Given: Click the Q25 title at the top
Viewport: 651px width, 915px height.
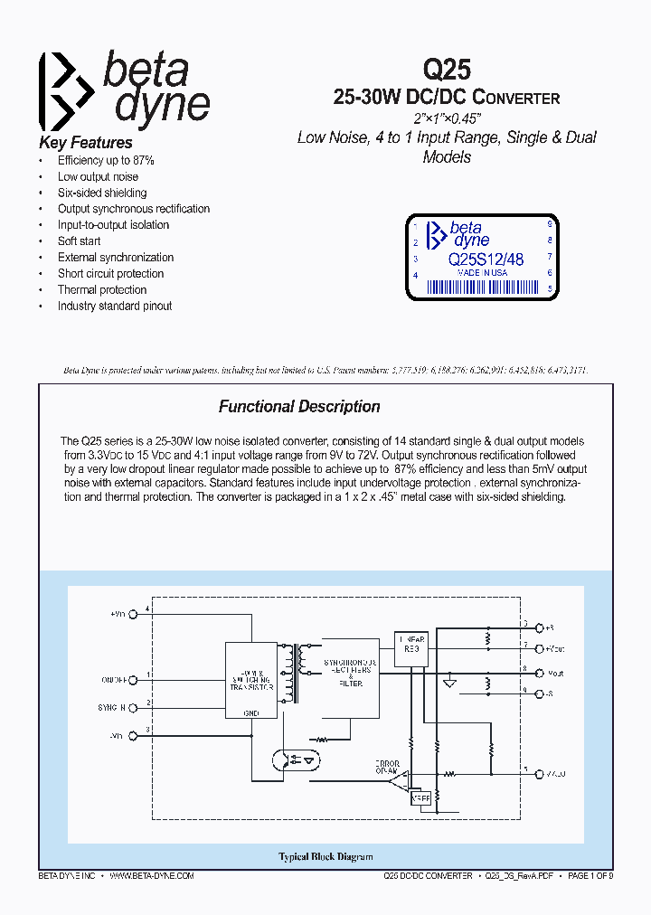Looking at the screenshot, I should coord(447,71).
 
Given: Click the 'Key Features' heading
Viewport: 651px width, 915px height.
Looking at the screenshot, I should coord(86,143).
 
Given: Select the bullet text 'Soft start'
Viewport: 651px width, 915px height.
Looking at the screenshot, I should coord(80,241).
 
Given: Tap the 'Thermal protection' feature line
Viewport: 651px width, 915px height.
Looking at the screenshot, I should coord(102,290).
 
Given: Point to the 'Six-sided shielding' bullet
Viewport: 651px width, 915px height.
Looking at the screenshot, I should coord(102,193).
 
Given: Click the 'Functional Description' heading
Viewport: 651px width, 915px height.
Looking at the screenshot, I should coord(299,407).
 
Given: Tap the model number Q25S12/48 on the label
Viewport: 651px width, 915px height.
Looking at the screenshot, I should coord(486,259).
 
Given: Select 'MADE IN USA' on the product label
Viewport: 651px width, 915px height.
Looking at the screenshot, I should coord(482,272).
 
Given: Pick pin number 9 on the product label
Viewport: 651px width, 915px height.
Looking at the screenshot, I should coord(550,223).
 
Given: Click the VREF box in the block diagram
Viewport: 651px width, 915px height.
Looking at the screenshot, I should coord(420,798).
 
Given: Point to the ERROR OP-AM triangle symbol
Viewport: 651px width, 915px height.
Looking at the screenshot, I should coord(399,778).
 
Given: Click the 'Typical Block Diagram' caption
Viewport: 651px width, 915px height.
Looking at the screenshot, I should coord(325,857).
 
